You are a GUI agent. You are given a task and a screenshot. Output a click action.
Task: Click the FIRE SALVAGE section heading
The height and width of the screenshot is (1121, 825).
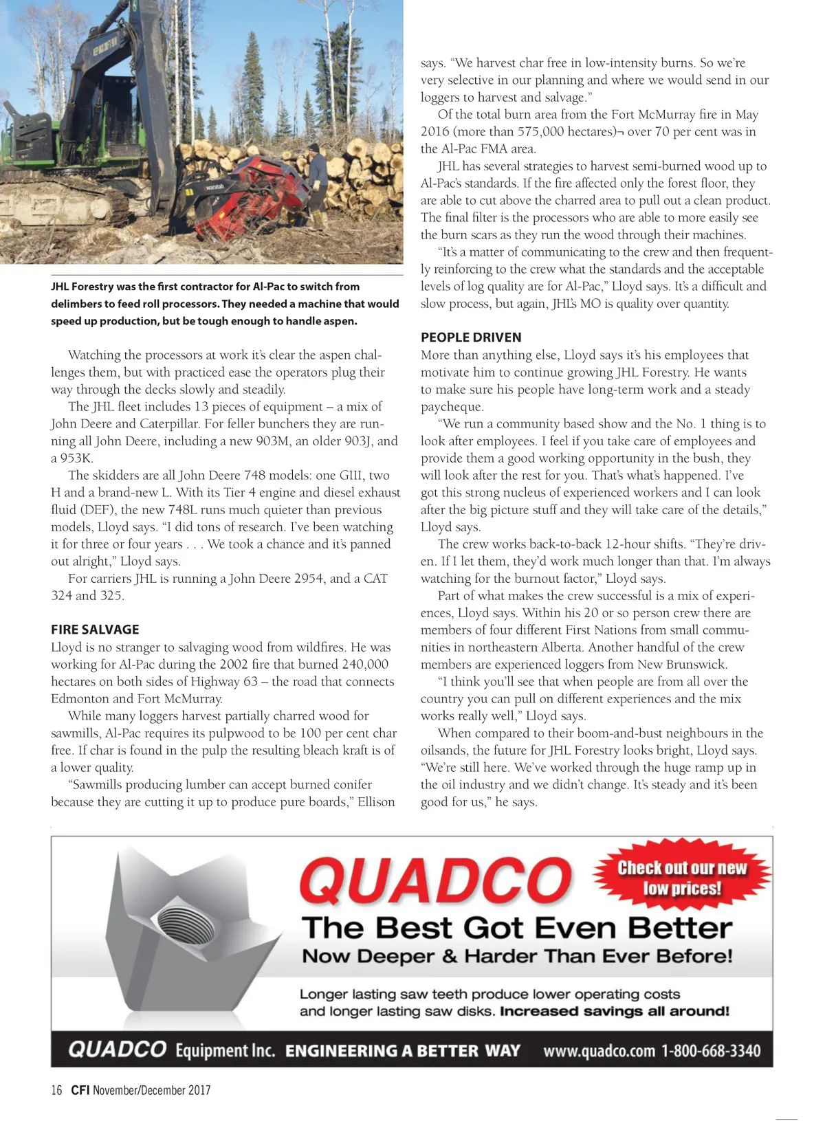tap(95, 629)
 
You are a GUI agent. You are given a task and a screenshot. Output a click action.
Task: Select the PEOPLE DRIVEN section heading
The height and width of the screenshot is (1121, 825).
tap(471, 337)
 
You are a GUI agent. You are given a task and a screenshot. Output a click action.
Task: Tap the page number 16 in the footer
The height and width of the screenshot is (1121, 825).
tap(56, 1090)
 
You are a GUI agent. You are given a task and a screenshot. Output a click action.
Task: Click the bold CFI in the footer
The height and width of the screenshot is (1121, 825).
tap(80, 1090)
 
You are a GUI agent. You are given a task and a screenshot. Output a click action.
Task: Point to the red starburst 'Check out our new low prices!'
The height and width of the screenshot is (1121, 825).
tap(681, 878)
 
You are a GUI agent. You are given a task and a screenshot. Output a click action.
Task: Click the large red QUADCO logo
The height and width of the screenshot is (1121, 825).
tap(434, 881)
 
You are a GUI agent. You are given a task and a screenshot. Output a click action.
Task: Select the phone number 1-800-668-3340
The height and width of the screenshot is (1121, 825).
tap(711, 1051)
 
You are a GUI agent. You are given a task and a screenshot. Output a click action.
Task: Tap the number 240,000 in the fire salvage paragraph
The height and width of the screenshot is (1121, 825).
tap(363, 664)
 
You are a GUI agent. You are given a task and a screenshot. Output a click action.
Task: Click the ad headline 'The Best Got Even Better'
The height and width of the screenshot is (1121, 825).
tap(516, 928)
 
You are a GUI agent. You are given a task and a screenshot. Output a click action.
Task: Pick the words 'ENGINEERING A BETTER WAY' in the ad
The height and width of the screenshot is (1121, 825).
tap(402, 1051)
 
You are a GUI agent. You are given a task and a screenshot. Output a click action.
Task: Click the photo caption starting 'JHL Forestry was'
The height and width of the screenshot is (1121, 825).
tap(224, 303)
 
